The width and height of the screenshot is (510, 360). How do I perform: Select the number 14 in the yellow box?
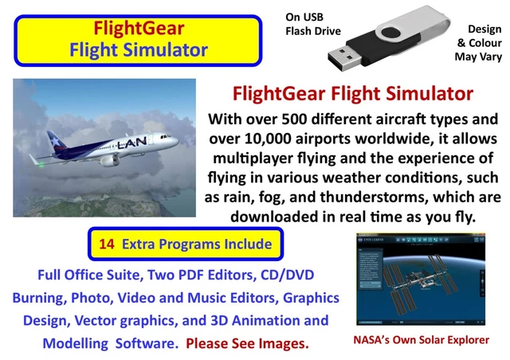tap(108, 244)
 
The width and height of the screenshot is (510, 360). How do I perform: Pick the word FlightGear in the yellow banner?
tap(139, 29)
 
